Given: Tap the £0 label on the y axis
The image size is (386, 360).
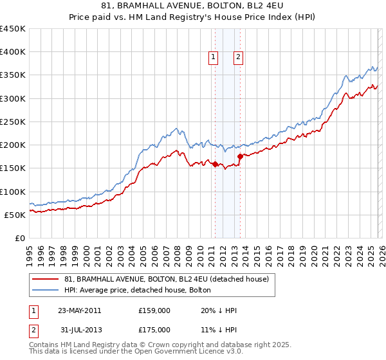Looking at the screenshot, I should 19,238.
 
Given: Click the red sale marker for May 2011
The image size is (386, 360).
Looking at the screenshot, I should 215,164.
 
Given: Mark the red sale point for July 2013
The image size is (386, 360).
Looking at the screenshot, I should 240,156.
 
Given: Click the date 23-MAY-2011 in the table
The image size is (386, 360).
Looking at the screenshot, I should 79,310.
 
